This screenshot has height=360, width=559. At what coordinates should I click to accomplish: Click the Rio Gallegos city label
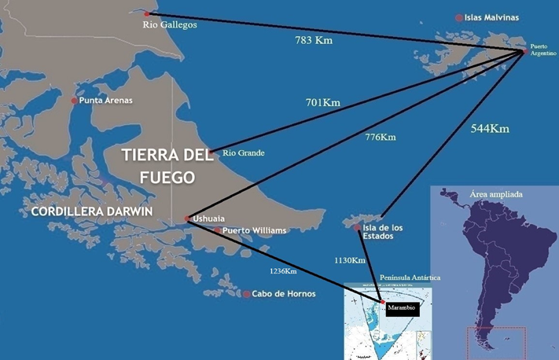[169, 24]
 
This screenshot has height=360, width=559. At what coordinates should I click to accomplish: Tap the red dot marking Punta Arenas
[75, 101]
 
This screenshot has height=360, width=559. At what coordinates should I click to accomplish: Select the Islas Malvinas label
[491, 17]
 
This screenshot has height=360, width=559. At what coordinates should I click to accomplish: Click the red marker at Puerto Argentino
[525, 52]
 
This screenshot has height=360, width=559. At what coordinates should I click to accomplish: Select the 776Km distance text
[381, 138]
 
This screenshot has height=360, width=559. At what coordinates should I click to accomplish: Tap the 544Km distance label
[490, 128]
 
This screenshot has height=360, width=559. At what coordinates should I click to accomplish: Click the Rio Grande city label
[243, 152]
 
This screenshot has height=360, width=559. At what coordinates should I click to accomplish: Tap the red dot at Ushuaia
[186, 219]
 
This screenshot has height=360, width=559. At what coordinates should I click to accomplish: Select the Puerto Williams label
[254, 231]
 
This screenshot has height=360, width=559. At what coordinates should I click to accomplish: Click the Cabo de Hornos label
[283, 294]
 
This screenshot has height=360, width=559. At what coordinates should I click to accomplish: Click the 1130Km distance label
[348, 260]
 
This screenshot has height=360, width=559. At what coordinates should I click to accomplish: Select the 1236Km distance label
[282, 271]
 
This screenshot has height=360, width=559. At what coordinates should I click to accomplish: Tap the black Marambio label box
[401, 309]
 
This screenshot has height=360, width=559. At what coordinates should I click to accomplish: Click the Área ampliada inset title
[495, 193]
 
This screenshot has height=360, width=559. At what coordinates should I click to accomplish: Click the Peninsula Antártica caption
[410, 278]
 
